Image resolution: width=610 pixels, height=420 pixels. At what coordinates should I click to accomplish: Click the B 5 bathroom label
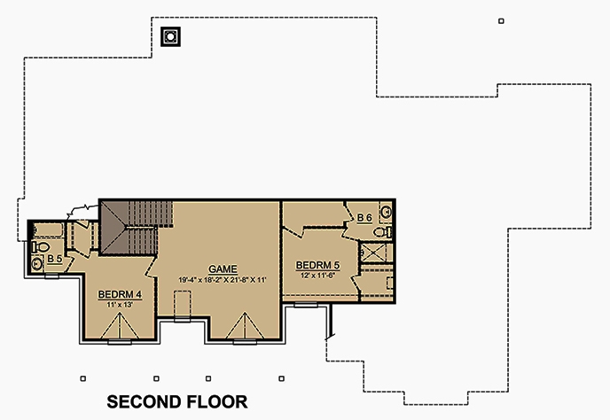(54, 259)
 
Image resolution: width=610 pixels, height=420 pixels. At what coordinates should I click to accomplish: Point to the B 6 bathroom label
(364, 217)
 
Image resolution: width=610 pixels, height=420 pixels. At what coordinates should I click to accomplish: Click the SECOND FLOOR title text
(177, 401)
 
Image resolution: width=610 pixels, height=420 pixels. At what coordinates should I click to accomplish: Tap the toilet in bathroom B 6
(381, 231)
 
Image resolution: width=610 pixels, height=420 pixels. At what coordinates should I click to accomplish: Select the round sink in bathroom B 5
(37, 263)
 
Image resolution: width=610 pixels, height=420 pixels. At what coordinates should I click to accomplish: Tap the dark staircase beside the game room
(133, 226)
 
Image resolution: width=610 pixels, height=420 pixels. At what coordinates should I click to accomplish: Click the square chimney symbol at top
(169, 36)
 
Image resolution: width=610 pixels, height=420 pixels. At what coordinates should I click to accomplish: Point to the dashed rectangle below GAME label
(183, 304)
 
